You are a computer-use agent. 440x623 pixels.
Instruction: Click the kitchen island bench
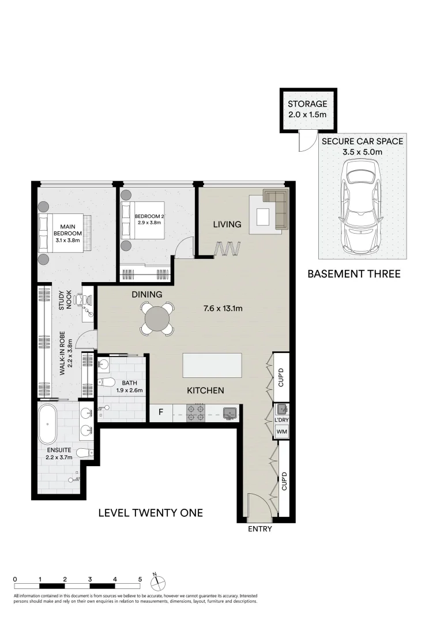(x=212, y=365)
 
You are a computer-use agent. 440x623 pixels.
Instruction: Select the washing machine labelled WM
(x=281, y=431)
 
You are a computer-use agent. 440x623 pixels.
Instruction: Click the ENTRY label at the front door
(x=260, y=529)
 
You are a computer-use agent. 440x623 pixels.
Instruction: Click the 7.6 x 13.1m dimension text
(x=223, y=309)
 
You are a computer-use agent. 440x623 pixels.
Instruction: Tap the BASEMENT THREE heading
(x=353, y=274)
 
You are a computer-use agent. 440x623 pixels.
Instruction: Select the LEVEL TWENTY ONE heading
(x=151, y=512)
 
